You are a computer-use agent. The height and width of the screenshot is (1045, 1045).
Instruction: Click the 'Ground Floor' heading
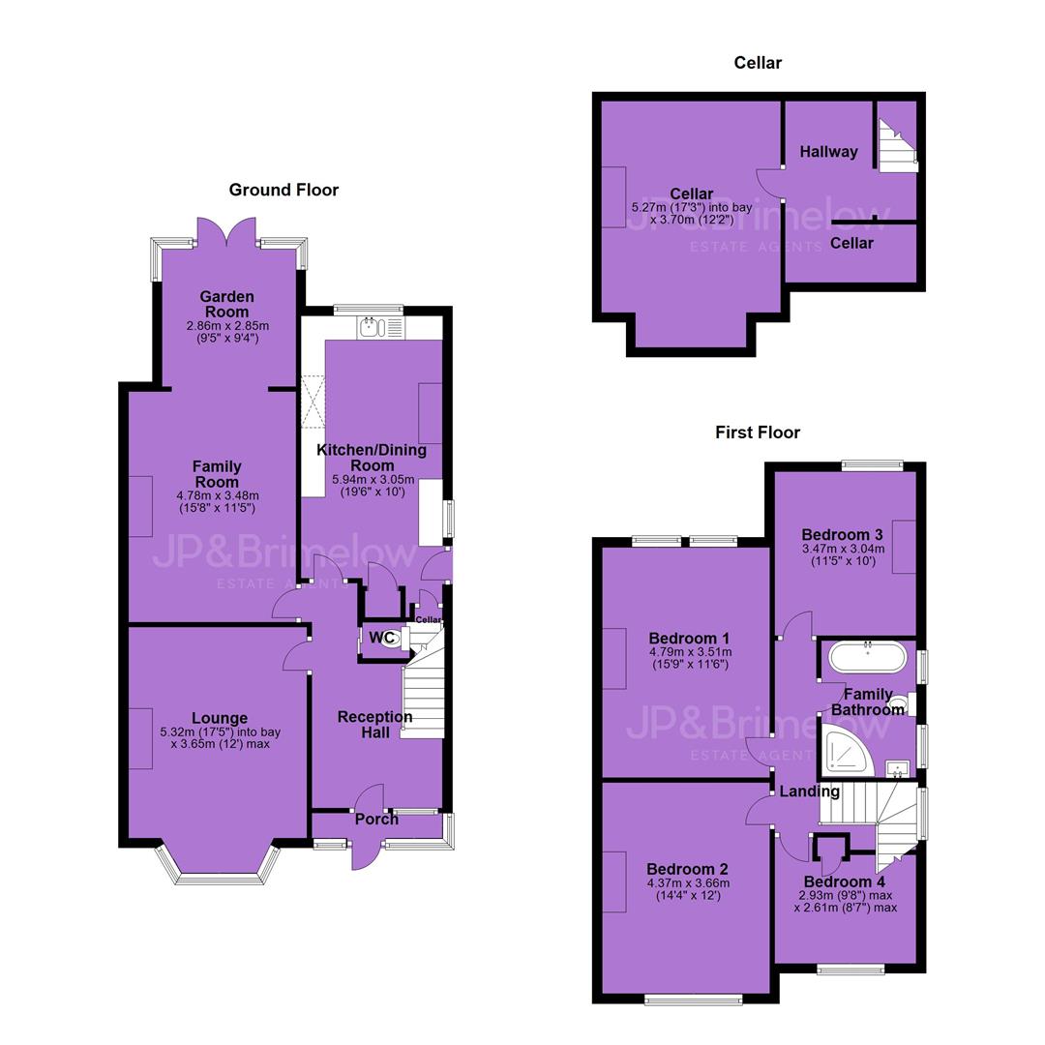coord(284,190)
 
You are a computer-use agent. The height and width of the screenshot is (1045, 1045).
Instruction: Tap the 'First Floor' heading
coord(758,433)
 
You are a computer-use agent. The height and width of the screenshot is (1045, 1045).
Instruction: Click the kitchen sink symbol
coord(380,327)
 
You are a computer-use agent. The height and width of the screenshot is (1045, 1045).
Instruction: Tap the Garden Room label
coord(226,304)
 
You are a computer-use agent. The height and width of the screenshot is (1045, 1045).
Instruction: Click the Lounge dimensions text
coord(221,737)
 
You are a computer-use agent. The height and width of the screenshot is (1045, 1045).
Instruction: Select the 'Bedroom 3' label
coord(843,534)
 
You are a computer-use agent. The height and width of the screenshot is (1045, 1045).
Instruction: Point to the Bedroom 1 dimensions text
coord(690,659)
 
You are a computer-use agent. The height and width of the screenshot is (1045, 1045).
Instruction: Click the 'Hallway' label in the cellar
coord(828,152)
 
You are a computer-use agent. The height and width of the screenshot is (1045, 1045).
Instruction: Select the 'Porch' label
coord(376,820)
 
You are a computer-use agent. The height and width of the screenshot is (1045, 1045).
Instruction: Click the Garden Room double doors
coord(226,230)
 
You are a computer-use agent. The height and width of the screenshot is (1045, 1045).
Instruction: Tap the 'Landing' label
coord(809,791)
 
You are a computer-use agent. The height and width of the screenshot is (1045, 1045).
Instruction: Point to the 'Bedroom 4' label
coord(845,881)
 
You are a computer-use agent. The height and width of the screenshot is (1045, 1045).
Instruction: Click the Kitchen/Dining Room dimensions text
coord(373,486)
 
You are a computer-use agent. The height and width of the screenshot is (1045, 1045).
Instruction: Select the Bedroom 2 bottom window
coord(693,999)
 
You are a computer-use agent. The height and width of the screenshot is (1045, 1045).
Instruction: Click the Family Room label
coord(218,474)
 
